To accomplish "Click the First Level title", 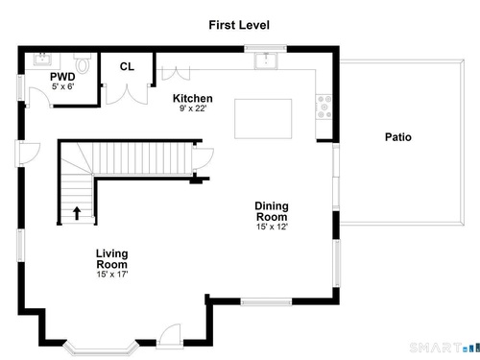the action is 239,25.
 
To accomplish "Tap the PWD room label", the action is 62,77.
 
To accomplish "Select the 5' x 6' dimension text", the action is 63,86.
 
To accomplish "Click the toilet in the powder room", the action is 83,63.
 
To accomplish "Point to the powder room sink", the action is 42,60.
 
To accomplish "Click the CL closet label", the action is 127,66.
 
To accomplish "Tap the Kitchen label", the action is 193,98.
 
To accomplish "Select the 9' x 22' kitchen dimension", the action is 193,108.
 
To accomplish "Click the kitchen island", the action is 263,119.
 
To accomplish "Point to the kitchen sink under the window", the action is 266,60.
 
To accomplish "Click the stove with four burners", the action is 324,108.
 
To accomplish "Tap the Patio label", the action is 398,137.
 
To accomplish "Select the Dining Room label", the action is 272,211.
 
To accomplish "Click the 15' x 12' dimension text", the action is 272,227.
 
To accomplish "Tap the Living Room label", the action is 112,259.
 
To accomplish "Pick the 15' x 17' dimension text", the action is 112,275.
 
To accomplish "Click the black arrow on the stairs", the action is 77,213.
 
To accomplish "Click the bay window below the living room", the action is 101,349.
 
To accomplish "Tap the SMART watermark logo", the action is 444,348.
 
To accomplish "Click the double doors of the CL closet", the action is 127,94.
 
